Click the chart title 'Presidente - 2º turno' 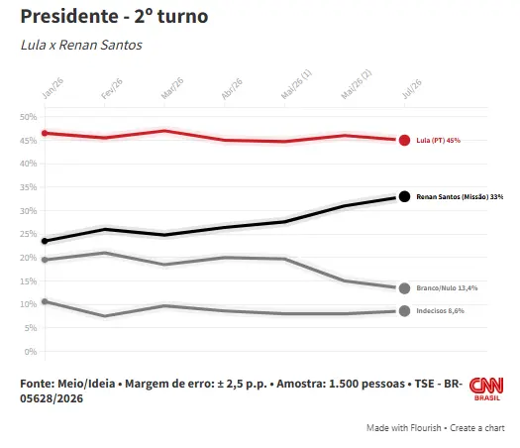[114, 16]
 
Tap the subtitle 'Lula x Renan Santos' [81, 45]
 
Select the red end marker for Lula [404, 141]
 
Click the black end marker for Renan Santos [404, 196]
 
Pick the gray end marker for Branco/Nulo [404, 288]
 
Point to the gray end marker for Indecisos [404, 311]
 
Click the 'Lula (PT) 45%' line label [438, 141]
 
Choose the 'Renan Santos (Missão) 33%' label [460, 197]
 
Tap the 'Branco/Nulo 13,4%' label [447, 288]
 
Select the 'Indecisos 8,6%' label [440, 311]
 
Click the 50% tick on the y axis [28, 117]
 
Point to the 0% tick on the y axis [31, 352]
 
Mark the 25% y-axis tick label [28, 234]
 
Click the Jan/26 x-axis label [52, 88]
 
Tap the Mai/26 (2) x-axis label [357, 84]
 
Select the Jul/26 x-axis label [412, 89]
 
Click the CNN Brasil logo [486, 389]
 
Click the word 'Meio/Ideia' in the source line [86, 384]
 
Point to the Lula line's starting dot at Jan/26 [45, 133]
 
